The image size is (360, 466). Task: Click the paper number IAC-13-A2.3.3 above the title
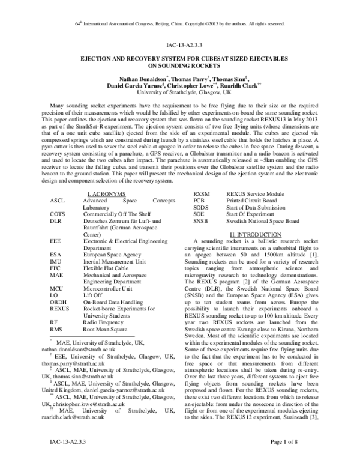click(179, 45)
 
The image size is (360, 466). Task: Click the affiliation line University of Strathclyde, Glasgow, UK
click(179, 94)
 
